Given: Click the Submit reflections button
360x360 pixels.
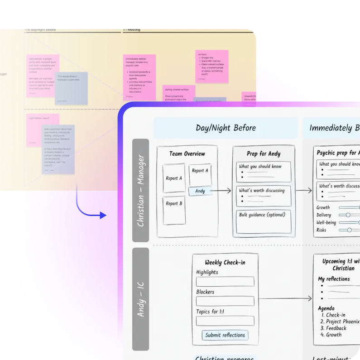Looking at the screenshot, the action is (x=225, y=335).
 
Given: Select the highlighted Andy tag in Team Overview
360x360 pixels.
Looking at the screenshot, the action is (x=200, y=191).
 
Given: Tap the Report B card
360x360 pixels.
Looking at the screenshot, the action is (x=174, y=210).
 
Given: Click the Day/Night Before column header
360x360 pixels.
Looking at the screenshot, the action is (x=226, y=128).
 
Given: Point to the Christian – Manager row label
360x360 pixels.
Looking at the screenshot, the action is (x=140, y=191).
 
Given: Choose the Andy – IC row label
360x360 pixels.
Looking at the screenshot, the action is (x=140, y=299).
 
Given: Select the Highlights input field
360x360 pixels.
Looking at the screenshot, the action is (x=225, y=282).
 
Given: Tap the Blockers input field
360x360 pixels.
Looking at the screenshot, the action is (x=225, y=301).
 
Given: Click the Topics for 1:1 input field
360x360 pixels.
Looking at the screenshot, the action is (x=225, y=321).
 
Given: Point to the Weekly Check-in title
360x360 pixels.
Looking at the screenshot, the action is (x=226, y=262).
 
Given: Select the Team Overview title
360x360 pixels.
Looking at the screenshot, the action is (x=187, y=154).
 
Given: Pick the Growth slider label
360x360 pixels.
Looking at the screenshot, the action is (x=323, y=207).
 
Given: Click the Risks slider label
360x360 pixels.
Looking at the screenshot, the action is (x=321, y=230).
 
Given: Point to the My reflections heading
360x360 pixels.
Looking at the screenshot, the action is (x=334, y=279).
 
